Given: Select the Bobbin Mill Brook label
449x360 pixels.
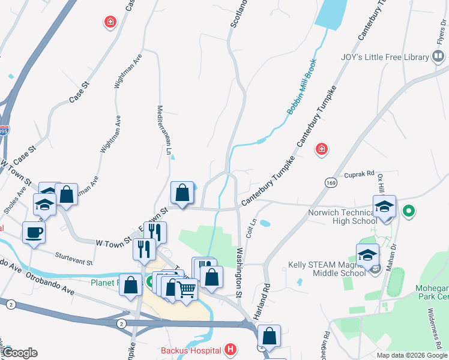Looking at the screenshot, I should (x=301, y=90).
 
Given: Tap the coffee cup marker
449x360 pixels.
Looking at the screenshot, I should (x=34, y=232).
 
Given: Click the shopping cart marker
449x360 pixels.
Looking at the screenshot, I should (x=186, y=290).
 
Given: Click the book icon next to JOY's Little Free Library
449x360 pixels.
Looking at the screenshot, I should (x=439, y=58).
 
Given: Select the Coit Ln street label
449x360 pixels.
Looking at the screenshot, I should (x=253, y=229).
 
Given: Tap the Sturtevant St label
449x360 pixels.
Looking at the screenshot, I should (x=74, y=259).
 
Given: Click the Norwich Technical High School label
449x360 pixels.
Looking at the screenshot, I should (x=343, y=217).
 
